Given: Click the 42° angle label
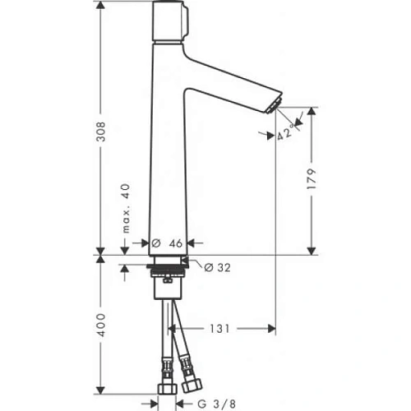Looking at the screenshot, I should [285, 132].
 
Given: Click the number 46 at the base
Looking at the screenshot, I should [173, 243].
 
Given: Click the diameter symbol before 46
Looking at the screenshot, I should [155, 243].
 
